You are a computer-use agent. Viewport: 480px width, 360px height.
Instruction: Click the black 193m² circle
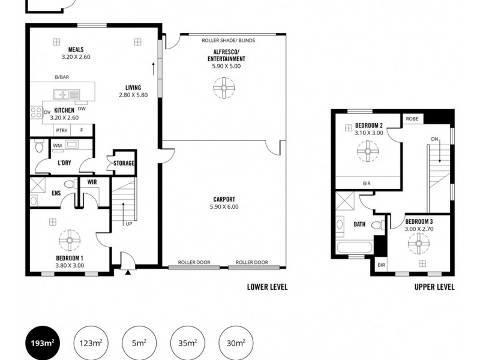pos(43,343)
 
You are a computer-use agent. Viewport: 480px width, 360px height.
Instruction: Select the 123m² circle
pos(91,343)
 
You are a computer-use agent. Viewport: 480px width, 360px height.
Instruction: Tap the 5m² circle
pos(139,343)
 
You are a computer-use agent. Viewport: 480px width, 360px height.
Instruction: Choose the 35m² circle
pos(187,343)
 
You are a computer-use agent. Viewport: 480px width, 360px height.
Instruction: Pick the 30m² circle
pos(235,343)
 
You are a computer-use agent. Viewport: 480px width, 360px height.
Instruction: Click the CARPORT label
pos(224,199)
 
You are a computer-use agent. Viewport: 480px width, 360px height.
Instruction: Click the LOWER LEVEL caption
pos(267,287)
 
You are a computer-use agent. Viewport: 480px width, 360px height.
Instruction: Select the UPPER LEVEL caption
pos(434,287)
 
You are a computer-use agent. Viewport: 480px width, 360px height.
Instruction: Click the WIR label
pos(92,181)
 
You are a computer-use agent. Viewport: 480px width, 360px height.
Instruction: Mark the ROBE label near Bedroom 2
pos(412,119)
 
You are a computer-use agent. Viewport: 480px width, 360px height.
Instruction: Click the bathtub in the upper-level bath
pos(353,248)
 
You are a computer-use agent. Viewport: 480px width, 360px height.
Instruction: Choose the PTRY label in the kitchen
pos(61,130)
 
